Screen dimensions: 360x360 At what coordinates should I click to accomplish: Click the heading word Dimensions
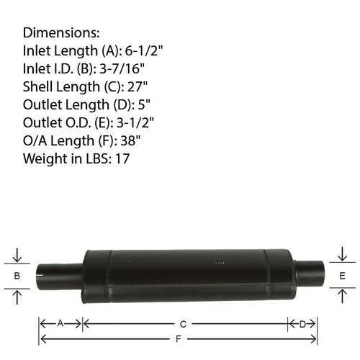(x=61, y=32)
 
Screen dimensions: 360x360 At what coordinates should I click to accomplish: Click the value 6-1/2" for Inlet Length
(x=144, y=50)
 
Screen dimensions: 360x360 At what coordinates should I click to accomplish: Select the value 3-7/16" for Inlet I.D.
(x=122, y=68)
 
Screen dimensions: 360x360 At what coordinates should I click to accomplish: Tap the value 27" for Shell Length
(x=138, y=86)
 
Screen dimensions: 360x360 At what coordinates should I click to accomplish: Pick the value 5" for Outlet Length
(x=144, y=104)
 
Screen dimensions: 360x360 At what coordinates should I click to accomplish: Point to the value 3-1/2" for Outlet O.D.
(x=135, y=122)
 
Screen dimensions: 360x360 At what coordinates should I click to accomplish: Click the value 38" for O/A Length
(x=130, y=140)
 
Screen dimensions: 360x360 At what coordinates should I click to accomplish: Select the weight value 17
(x=122, y=158)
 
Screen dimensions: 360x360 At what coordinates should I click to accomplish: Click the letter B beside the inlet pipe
(x=17, y=276)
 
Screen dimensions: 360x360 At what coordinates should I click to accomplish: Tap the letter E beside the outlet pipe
(x=342, y=276)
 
